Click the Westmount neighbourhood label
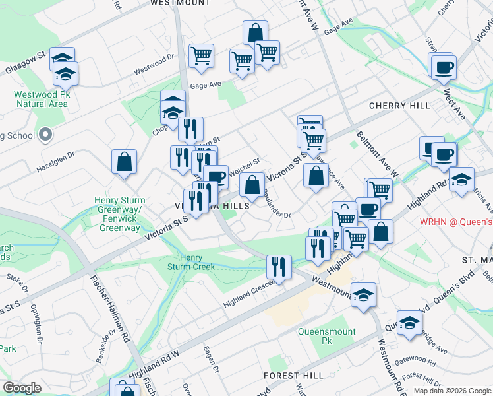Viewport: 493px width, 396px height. (180, 3)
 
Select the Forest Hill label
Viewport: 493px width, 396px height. (293, 375)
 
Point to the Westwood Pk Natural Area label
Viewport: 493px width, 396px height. (41, 99)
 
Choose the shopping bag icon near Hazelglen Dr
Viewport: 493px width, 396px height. (124, 162)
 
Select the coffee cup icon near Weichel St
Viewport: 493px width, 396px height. (216, 176)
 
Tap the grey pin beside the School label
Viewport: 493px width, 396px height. (45, 135)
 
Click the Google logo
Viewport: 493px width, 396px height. (22, 388)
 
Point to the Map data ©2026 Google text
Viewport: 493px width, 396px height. (452, 391)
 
